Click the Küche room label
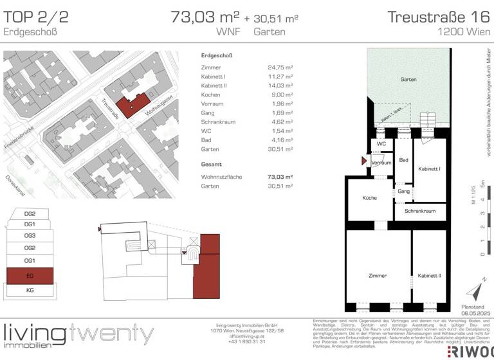point(369,198)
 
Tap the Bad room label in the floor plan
point(403,160)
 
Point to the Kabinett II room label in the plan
point(429,275)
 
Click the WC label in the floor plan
point(381,144)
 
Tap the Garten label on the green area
point(407,80)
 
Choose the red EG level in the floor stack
point(30,276)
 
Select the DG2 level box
point(30,213)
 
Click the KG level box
point(30,291)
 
